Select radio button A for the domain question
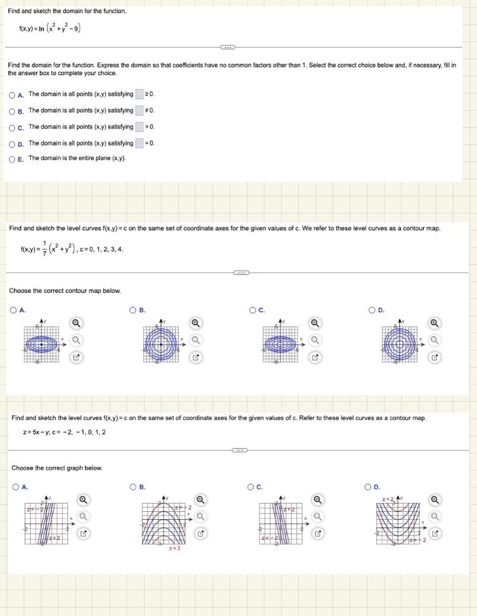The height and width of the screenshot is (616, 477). pyautogui.click(x=13, y=94)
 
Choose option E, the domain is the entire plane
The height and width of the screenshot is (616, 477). pyautogui.click(x=13, y=159)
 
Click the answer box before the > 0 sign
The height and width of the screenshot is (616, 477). pyautogui.click(x=140, y=127)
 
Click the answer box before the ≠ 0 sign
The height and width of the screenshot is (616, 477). pyautogui.click(x=140, y=111)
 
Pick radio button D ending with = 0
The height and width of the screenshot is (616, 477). pyautogui.click(x=13, y=143)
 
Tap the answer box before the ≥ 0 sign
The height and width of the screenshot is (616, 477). pyautogui.click(x=140, y=94)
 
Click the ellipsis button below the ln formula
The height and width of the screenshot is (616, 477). pyautogui.click(x=228, y=47)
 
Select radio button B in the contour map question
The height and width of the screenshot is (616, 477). pyautogui.click(x=133, y=310)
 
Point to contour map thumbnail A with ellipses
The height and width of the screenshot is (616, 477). pyautogui.click(x=41, y=343)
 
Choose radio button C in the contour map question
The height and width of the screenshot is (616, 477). pyautogui.click(x=254, y=310)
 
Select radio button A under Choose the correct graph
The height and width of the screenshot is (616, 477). pyautogui.click(x=15, y=487)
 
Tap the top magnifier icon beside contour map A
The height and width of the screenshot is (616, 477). pyautogui.click(x=76, y=323)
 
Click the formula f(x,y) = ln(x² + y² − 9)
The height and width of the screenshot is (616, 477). pyautogui.click(x=51, y=28)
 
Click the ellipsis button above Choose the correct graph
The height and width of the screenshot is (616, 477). pyautogui.click(x=240, y=450)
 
